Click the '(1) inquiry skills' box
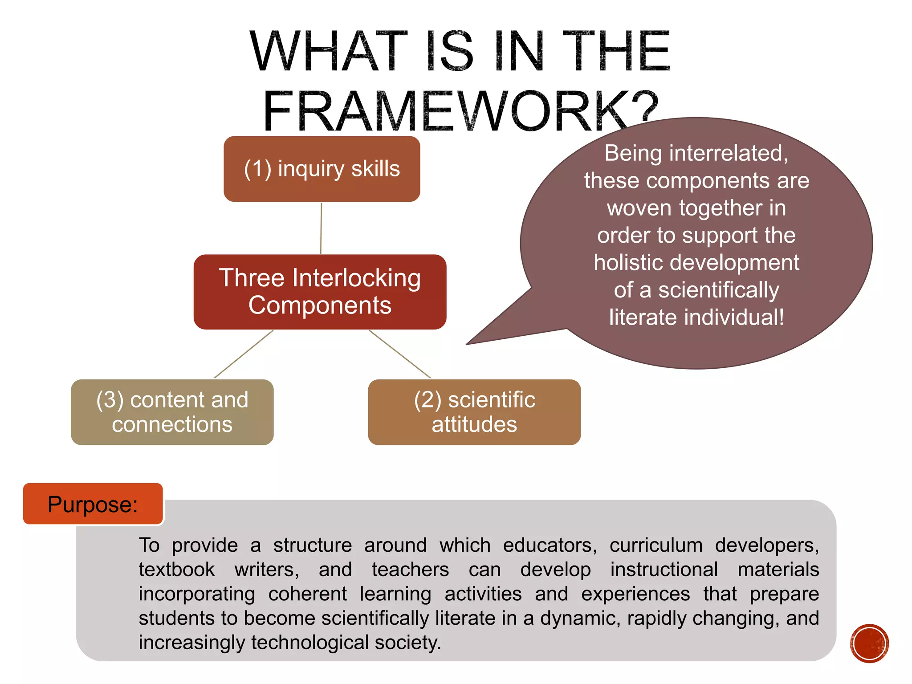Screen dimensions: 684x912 [322, 169]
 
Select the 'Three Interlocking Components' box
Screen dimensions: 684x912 [320, 292]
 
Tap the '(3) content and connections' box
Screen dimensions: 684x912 [172, 412]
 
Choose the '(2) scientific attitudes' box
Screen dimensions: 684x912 [474, 412]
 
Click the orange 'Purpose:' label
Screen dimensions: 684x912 [93, 504]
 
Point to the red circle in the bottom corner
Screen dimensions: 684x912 [869, 643]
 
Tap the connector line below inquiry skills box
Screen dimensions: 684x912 [321, 228]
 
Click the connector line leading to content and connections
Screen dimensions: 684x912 [244, 354]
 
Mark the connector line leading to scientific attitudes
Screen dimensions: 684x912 [400, 354]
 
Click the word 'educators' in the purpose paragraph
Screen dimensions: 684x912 [550, 546]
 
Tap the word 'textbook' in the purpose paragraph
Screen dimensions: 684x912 [177, 570]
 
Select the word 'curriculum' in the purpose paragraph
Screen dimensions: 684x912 [656, 546]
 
